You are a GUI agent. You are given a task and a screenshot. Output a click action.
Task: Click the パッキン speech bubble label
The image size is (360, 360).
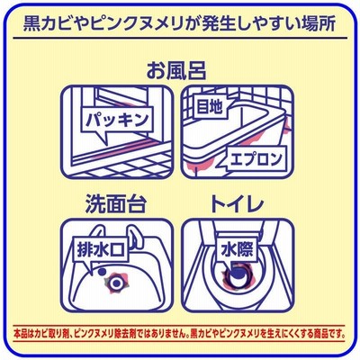tap(117, 120)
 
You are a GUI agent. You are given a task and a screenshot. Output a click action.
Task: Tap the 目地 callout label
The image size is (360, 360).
tap(210, 106)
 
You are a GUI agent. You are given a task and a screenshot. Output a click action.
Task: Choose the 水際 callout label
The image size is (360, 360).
tap(238, 249)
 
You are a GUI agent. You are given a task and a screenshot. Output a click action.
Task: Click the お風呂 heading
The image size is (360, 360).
tap(176, 71)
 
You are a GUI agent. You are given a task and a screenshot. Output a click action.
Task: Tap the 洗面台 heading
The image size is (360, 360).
tap(116, 204)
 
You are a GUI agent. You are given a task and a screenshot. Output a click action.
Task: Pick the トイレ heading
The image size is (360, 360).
tap(237, 204)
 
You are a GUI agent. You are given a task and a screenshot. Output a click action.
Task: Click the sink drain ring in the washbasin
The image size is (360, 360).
tap(115, 282)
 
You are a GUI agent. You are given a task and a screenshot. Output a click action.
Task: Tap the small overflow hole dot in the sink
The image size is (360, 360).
tap(102, 272)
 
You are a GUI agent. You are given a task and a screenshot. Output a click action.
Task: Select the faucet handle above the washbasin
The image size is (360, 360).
tap(135, 237)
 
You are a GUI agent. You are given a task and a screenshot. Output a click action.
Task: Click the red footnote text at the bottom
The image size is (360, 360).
tap(180, 333)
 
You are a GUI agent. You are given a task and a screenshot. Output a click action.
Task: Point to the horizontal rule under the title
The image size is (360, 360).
tap(180, 39)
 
